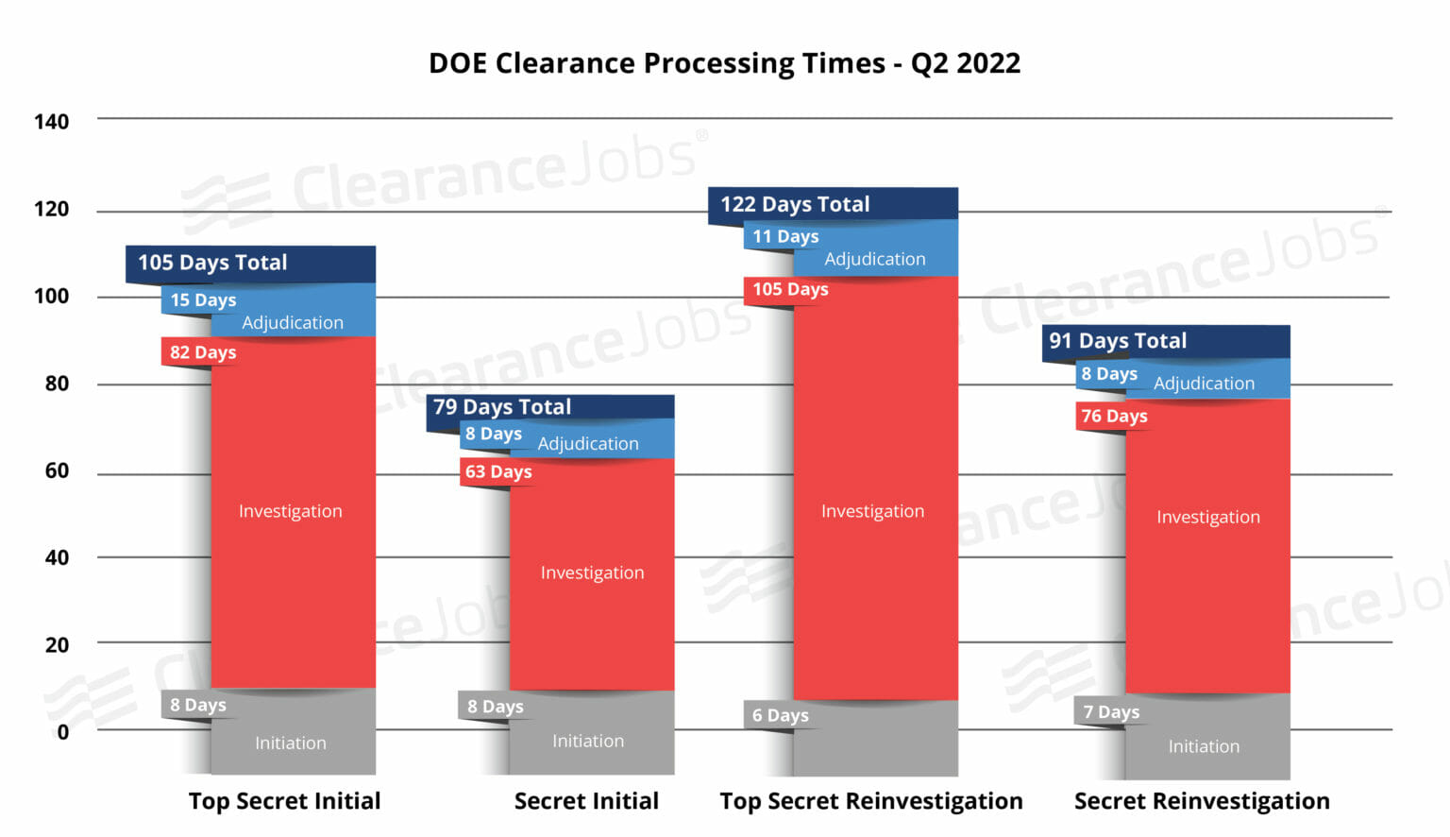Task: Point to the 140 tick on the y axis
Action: tap(51, 122)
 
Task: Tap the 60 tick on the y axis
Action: tap(57, 470)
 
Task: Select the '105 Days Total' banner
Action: tap(212, 263)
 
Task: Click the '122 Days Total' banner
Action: tap(795, 204)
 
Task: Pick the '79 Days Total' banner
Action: tap(502, 407)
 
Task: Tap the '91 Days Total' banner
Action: tap(1118, 341)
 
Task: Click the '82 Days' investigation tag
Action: tap(203, 352)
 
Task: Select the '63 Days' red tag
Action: tap(498, 471)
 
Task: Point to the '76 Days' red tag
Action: tap(1114, 416)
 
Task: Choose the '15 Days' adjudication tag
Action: tap(203, 300)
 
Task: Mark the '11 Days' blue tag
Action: tap(785, 236)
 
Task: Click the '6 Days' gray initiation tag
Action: tap(780, 715)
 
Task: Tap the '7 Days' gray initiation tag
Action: tap(1111, 712)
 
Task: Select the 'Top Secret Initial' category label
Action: tap(284, 801)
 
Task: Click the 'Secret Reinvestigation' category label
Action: tap(1202, 801)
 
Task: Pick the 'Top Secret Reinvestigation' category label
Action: tap(870, 801)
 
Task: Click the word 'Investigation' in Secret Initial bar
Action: tap(592, 572)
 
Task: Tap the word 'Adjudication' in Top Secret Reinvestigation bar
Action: tap(875, 259)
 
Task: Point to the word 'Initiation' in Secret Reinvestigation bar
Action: tap(1204, 746)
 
